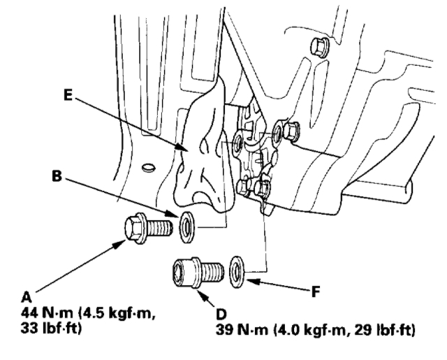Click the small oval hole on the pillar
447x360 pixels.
(145, 167)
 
